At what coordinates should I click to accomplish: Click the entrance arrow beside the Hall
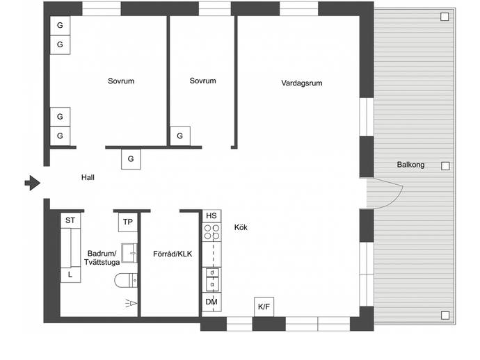[x=33, y=183]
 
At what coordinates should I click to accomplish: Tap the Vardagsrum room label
[x=301, y=83]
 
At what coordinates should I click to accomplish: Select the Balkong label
[x=410, y=165]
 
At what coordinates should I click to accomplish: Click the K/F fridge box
[x=264, y=306]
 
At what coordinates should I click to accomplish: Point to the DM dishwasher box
[x=211, y=302]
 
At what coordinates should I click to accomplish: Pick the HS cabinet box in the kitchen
[x=211, y=216]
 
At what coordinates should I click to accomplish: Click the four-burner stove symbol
[x=211, y=232]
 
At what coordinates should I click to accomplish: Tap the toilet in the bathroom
[x=126, y=280]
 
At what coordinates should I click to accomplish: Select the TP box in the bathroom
[x=128, y=222]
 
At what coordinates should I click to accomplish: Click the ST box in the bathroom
[x=70, y=220]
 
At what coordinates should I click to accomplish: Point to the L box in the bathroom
[x=70, y=275]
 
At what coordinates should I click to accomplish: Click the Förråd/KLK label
[x=173, y=254]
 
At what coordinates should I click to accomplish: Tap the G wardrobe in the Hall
[x=131, y=159]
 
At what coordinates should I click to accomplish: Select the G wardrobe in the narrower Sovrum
[x=180, y=136]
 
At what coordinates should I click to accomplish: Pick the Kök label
[x=241, y=227]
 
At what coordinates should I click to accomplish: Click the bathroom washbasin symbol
[x=129, y=253]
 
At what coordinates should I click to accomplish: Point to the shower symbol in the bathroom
[x=131, y=304]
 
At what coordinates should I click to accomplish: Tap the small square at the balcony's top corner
[x=445, y=17]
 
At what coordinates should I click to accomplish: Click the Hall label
[x=88, y=177]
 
